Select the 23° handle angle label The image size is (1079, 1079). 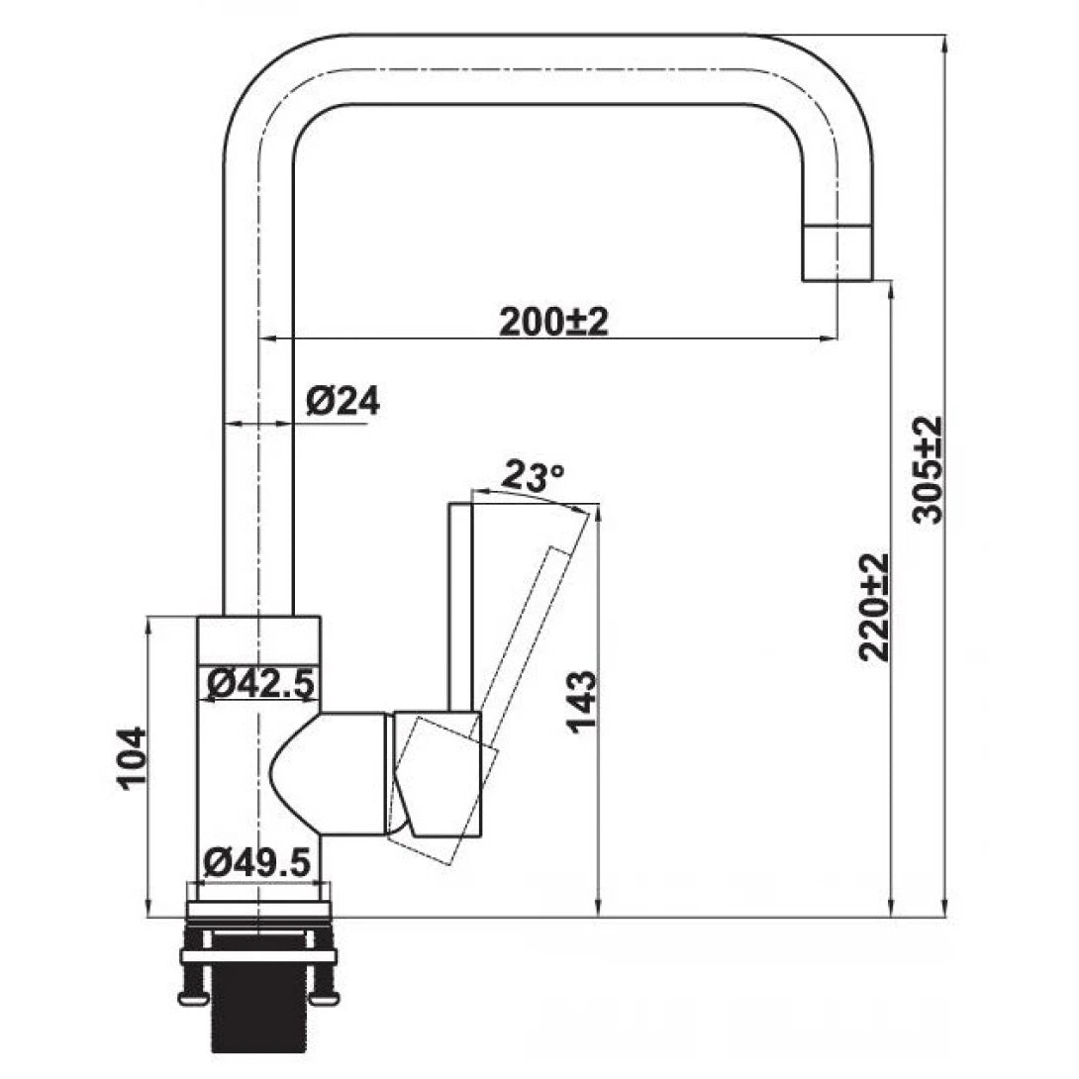[534, 476]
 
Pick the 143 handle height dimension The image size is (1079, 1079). [582, 701]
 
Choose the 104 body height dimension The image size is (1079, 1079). [131, 757]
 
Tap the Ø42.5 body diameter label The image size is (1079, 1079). [259, 682]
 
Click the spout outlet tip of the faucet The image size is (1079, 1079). [836, 254]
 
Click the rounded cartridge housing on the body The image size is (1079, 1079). [327, 773]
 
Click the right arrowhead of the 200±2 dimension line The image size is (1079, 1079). [831, 339]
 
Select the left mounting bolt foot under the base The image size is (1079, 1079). [192, 995]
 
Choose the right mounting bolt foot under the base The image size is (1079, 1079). [324, 995]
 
